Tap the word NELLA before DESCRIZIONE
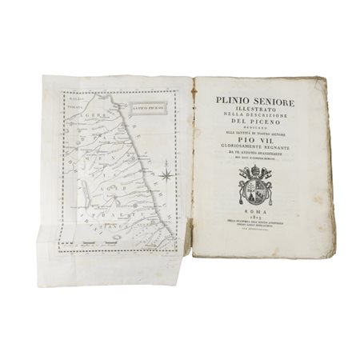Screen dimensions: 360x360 tap(232, 113)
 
